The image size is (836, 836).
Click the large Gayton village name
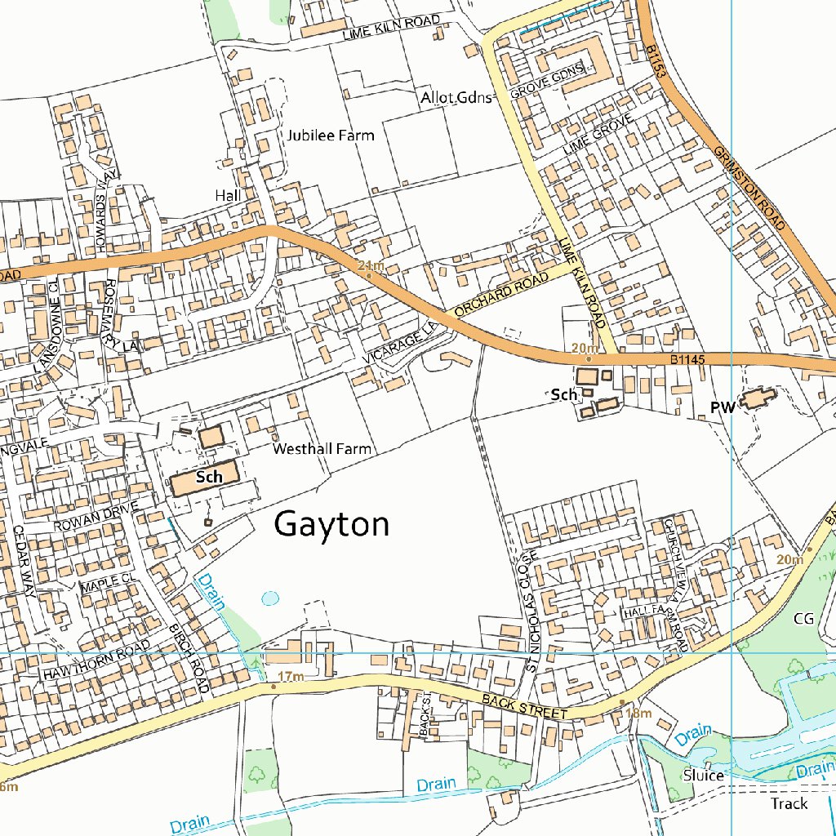click(x=331, y=524)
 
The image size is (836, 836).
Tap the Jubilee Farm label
click(x=331, y=135)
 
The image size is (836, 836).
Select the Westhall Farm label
click(x=322, y=448)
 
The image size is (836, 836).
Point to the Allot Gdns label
click(x=456, y=98)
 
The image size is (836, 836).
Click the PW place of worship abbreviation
click(x=723, y=406)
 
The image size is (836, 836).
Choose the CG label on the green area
click(x=803, y=618)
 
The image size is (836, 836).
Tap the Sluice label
click(x=703, y=775)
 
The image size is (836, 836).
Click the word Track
click(x=789, y=803)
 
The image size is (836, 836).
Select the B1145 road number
click(x=687, y=358)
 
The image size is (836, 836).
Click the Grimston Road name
click(x=749, y=188)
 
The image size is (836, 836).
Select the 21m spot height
click(x=370, y=265)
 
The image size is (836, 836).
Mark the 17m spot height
click(x=290, y=677)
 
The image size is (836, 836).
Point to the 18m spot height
click(x=638, y=714)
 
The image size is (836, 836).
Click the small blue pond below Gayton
click(x=269, y=598)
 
